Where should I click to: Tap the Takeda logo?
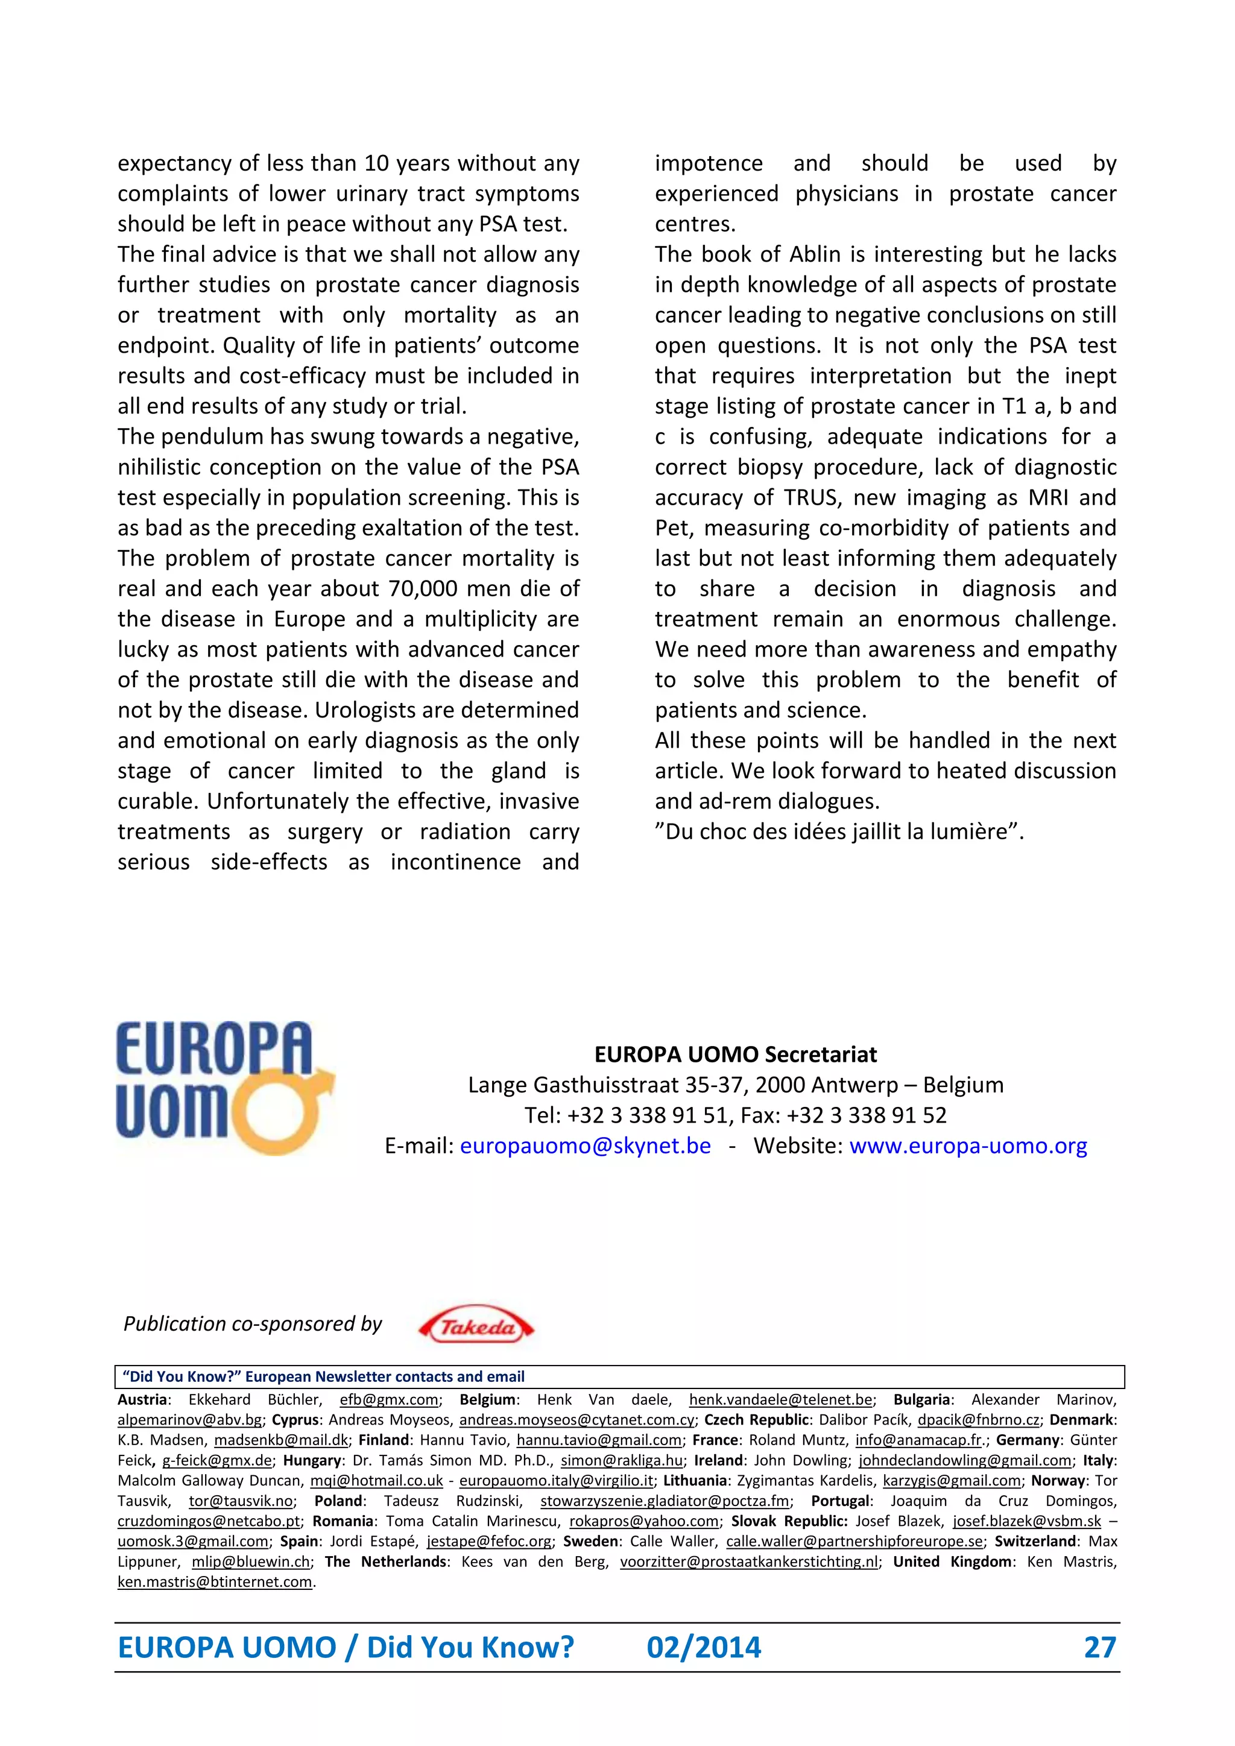(477, 1328)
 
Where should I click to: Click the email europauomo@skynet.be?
(586, 1146)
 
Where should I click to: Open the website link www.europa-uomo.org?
(968, 1146)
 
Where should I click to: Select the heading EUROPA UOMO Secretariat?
(735, 1054)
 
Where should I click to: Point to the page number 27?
(1100, 1648)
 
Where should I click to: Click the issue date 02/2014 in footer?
(704, 1648)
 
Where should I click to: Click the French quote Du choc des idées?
(839, 832)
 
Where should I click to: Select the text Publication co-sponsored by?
(253, 1324)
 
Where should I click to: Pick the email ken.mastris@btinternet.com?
(215, 1583)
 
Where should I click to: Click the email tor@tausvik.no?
(241, 1501)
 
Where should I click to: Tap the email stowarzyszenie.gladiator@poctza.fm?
(665, 1501)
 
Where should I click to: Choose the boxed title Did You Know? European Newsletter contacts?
(323, 1376)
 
